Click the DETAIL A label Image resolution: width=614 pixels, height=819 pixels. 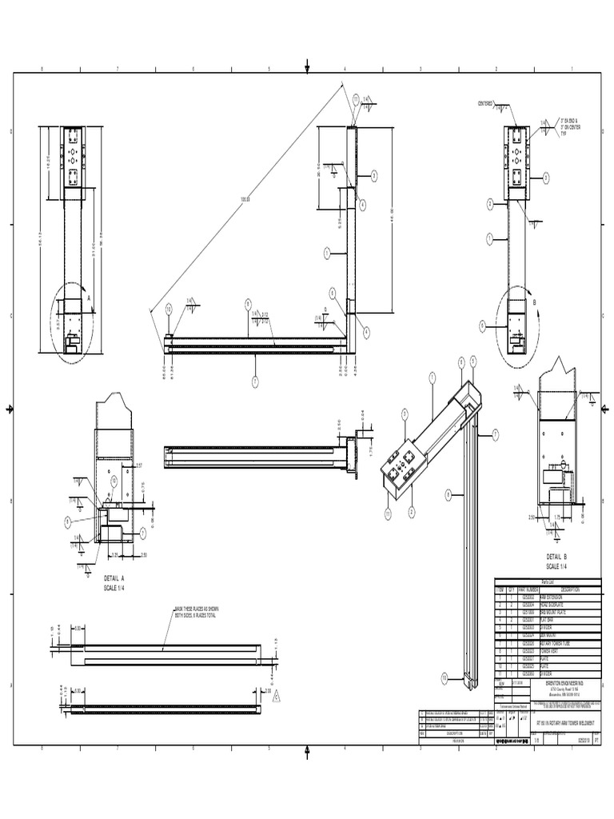click(114, 577)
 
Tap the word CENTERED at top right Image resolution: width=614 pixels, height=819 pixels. click(485, 104)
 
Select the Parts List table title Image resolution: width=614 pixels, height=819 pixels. click(547, 582)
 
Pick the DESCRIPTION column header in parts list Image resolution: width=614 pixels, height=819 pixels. click(570, 589)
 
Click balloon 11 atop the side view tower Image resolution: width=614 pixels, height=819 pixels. click(356, 98)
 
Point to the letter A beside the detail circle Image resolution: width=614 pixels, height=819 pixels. click(89, 296)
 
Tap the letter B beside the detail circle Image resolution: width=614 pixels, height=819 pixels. click(534, 303)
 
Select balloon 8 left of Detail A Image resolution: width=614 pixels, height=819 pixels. click(69, 521)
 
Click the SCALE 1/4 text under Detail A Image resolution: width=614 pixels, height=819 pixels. click(114, 588)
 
